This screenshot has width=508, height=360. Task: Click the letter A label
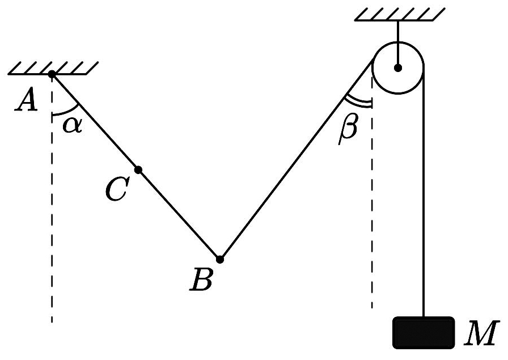pos(27,100)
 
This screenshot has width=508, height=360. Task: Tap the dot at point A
pos(52,74)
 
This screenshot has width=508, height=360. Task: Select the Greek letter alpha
pos(73,125)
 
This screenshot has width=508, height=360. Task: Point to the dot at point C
pos(138,170)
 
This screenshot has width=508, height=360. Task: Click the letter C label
pos(117,189)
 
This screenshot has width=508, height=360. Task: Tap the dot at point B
pos(220,259)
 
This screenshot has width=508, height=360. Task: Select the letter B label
pos(201,279)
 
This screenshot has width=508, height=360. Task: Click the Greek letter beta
pos(349,129)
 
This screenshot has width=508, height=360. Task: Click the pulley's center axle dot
pos(398,68)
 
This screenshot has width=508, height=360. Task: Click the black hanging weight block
pos(424,333)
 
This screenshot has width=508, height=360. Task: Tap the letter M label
pos(480,333)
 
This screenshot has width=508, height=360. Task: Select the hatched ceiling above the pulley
pos(400,14)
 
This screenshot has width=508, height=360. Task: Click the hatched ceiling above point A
pos(53,68)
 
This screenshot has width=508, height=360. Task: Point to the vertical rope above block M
pos(423,191)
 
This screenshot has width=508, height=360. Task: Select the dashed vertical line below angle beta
pos(372,201)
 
